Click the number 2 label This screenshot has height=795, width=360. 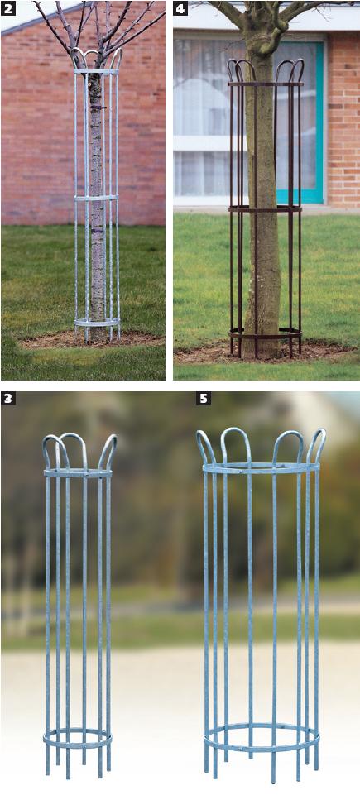tap(7, 7)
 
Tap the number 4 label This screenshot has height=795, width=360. tap(180, 7)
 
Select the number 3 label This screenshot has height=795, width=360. tap(7, 398)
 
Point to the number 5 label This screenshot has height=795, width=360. tap(203, 398)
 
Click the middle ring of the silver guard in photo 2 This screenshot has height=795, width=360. tap(97, 198)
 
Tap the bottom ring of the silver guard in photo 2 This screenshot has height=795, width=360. tap(97, 323)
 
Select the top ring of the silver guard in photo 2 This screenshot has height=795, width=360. tap(97, 71)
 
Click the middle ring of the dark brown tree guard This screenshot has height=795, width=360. tap(265, 208)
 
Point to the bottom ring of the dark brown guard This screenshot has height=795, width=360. tap(265, 334)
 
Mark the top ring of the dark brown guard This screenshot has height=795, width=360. tap(266, 84)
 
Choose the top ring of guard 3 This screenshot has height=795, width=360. tap(77, 473)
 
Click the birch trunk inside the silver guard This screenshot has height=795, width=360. tap(97, 203)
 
